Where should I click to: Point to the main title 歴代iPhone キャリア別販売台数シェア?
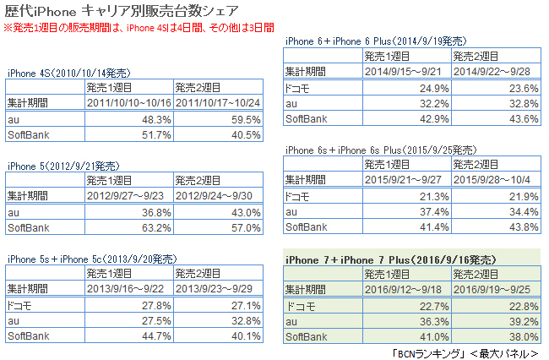131,12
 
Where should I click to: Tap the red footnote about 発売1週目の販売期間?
139,28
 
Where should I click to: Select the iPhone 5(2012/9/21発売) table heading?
63,166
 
